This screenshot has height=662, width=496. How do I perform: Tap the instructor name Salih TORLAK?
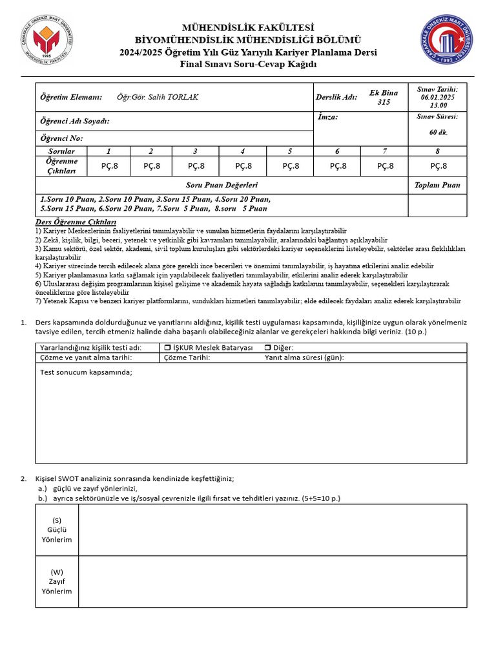point(158,97)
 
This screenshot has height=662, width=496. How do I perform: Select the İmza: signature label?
point(328,117)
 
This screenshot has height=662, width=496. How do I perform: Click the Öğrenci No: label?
point(62,138)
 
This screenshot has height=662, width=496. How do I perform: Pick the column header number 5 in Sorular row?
point(290,151)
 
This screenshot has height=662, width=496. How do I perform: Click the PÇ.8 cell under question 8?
point(437,165)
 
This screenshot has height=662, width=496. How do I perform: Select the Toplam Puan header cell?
point(437,185)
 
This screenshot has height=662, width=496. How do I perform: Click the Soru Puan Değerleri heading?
point(222,185)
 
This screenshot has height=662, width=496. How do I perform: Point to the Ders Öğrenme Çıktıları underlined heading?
point(70,222)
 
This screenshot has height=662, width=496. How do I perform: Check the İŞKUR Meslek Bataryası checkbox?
point(159,348)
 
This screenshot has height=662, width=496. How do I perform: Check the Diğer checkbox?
point(267,348)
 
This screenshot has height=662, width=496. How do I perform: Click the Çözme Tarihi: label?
point(187,358)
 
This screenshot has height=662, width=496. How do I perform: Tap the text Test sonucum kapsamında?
point(86,372)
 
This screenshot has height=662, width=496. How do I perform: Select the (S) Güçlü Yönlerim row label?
point(57,530)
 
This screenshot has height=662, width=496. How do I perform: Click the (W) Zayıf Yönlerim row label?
point(57,582)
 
